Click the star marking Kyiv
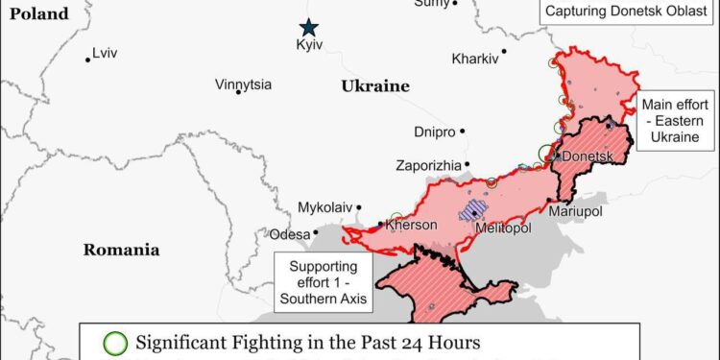click(308, 28)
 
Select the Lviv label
click(106, 55)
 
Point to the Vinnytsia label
click(243, 85)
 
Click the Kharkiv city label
click(475, 59)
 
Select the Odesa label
click(290, 233)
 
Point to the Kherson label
click(414, 226)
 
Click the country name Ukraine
click(374, 86)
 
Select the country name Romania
click(121, 250)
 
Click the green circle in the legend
click(115, 342)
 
